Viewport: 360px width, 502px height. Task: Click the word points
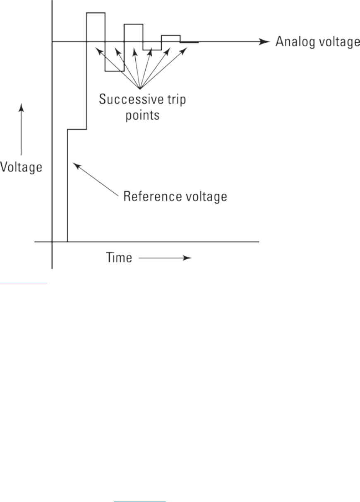[x=142, y=115]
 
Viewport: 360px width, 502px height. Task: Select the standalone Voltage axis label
[x=21, y=167]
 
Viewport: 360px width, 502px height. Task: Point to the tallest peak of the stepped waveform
[x=96, y=13]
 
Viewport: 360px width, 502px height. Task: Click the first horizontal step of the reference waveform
[x=77, y=129]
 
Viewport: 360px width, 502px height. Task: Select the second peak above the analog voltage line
[x=134, y=25]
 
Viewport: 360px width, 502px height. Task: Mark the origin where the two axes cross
[x=52, y=241]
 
